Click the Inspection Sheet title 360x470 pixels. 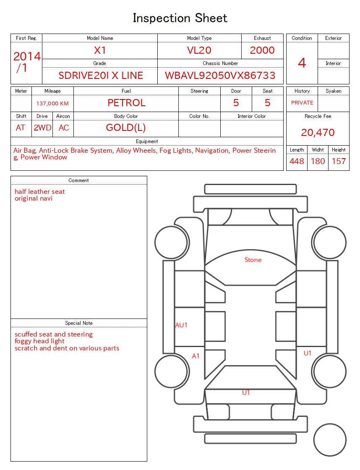tap(180, 18)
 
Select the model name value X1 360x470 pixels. tap(100, 50)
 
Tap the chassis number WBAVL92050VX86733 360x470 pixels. tap(220, 76)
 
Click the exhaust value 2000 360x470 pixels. tap(262, 50)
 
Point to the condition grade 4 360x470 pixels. tap(302, 63)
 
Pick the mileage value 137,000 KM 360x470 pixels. tap(52, 103)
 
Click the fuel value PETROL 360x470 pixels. tap(126, 103)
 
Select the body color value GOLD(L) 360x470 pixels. tap(126, 128)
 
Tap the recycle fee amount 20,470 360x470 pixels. tap(318, 133)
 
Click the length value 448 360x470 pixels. tap(297, 161)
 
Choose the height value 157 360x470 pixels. tap(339, 161)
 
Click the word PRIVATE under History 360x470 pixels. tap(302, 103)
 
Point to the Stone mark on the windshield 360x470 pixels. tap(253, 260)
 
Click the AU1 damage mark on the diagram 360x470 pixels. tap(181, 325)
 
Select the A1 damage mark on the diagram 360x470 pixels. tap(196, 356)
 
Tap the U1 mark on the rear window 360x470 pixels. tap(246, 392)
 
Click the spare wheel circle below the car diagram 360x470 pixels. tap(329, 439)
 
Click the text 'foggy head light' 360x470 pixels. tap(39, 341)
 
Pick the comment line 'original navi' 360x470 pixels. tap(34, 198)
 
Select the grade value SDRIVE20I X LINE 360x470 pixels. tap(101, 76)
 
